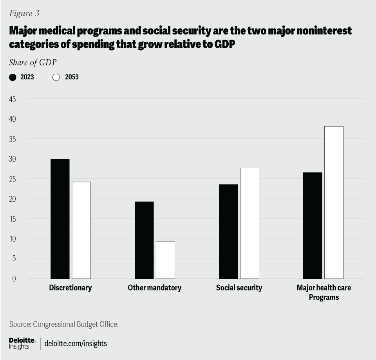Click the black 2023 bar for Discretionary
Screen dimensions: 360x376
[x=60, y=219]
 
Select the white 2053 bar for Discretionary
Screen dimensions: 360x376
[x=81, y=230]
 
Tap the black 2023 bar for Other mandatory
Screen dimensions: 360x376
[x=144, y=240]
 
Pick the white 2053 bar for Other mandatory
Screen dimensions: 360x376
[x=165, y=260]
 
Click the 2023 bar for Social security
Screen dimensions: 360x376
[x=228, y=231]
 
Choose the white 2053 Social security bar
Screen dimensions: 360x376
[x=249, y=223]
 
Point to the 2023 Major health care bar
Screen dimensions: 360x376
[x=313, y=225]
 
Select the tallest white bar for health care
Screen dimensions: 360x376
[x=334, y=202]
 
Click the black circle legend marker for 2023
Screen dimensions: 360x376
[x=13, y=77]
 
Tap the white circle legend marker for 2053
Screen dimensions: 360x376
[x=56, y=77]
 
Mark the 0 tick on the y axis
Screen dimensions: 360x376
[x=14, y=278]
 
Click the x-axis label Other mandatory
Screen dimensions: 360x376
[x=154, y=288]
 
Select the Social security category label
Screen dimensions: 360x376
[x=239, y=288]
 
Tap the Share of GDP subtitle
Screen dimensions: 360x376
[x=33, y=62]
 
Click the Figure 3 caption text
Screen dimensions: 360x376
[x=24, y=13]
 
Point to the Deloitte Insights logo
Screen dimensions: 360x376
[x=22, y=343]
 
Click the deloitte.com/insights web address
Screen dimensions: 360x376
[x=76, y=344]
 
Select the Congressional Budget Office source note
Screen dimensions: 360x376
[x=63, y=324]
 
